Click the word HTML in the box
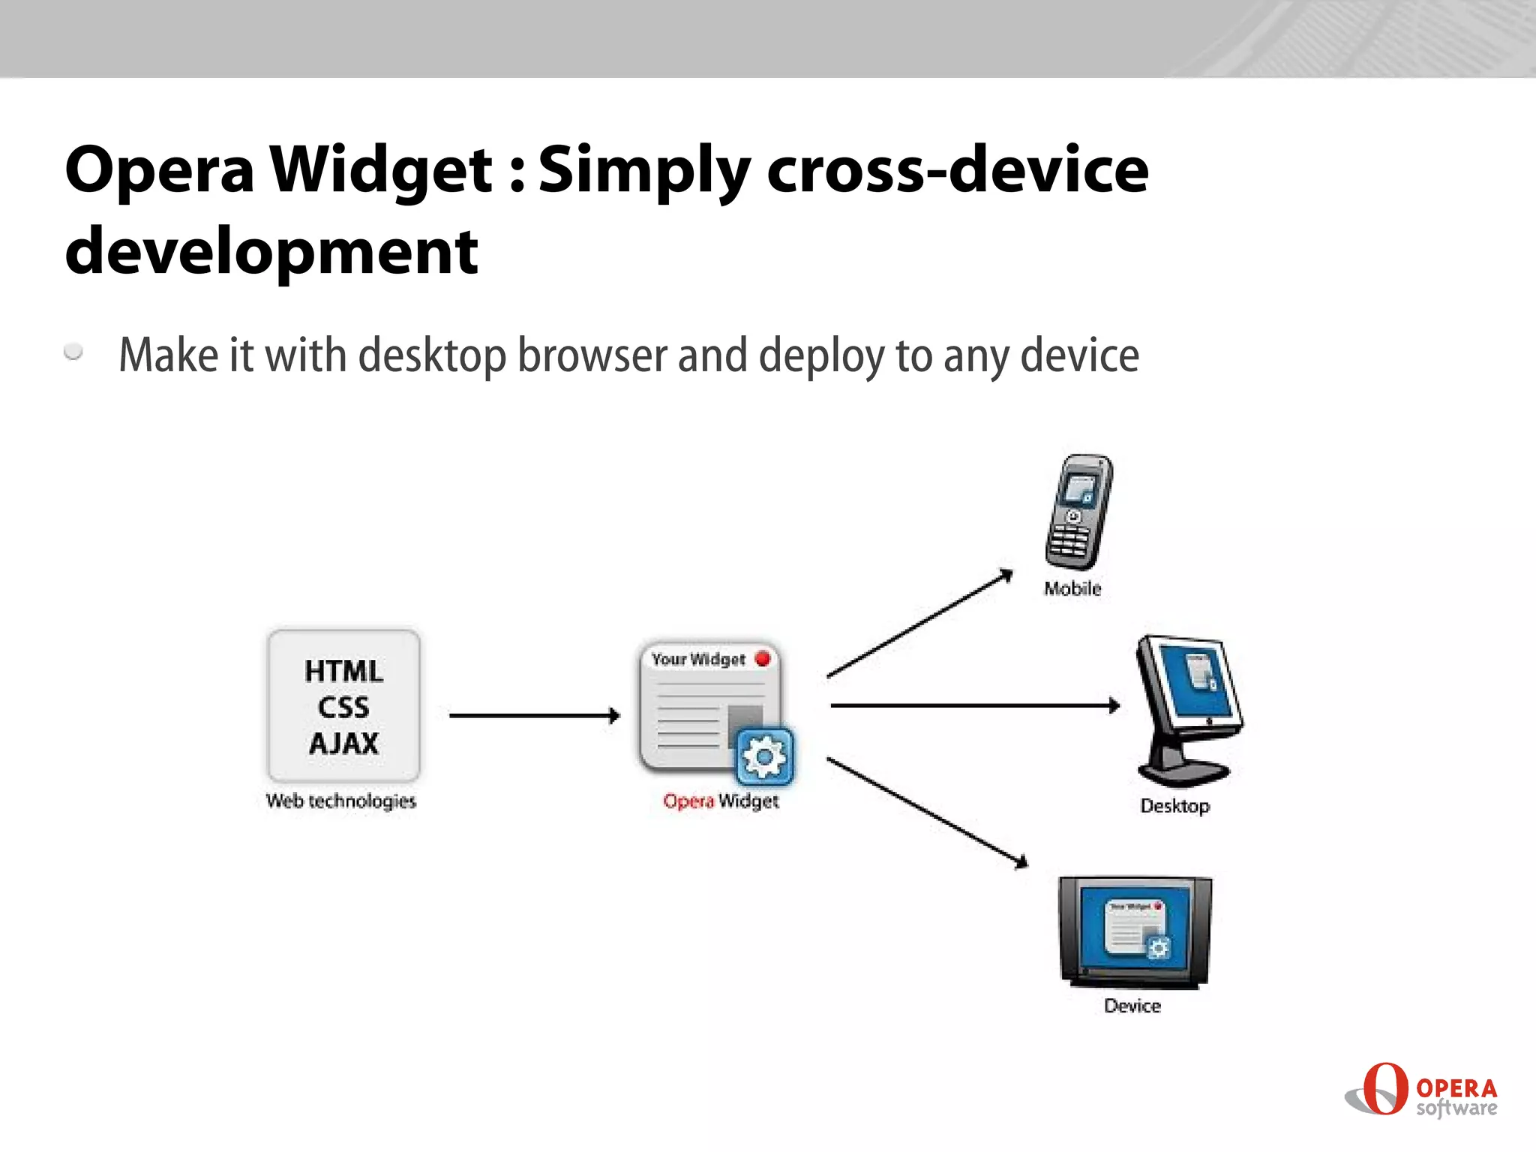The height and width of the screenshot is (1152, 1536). click(343, 671)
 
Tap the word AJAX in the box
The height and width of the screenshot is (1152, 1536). click(343, 743)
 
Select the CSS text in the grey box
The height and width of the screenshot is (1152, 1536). click(343, 707)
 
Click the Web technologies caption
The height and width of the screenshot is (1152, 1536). click(341, 801)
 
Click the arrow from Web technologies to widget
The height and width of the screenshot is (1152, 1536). click(534, 715)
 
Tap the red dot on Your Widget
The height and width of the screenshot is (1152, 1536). click(763, 658)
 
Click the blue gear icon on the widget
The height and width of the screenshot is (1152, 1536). click(763, 756)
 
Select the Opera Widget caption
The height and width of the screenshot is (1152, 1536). click(721, 801)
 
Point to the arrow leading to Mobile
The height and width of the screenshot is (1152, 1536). click(919, 624)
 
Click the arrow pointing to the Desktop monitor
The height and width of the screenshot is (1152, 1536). click(975, 705)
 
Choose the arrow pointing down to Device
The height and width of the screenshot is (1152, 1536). click(927, 812)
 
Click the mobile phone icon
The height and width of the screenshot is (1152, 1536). click(1078, 512)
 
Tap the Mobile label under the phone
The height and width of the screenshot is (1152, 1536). click(1072, 589)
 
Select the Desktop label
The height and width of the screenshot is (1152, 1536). click(1174, 806)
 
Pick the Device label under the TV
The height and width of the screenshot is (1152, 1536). click(1132, 1006)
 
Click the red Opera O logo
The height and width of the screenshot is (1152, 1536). click(1384, 1088)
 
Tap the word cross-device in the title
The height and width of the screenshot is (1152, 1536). click(957, 170)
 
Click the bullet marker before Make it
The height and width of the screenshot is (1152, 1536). click(73, 351)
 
